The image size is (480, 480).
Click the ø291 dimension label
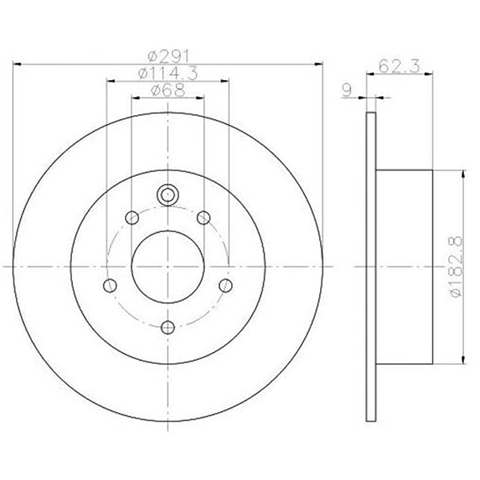(x=169, y=56)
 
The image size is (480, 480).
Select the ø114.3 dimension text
(x=168, y=74)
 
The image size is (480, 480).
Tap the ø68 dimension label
(x=168, y=90)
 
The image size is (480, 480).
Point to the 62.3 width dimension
(x=399, y=66)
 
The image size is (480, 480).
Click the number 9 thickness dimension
(x=347, y=90)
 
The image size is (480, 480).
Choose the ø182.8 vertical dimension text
(x=456, y=266)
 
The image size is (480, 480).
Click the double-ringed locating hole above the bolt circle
(x=167, y=194)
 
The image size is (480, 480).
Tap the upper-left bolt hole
(x=132, y=218)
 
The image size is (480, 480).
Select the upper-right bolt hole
(x=203, y=218)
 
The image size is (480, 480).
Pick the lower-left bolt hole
(x=110, y=286)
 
